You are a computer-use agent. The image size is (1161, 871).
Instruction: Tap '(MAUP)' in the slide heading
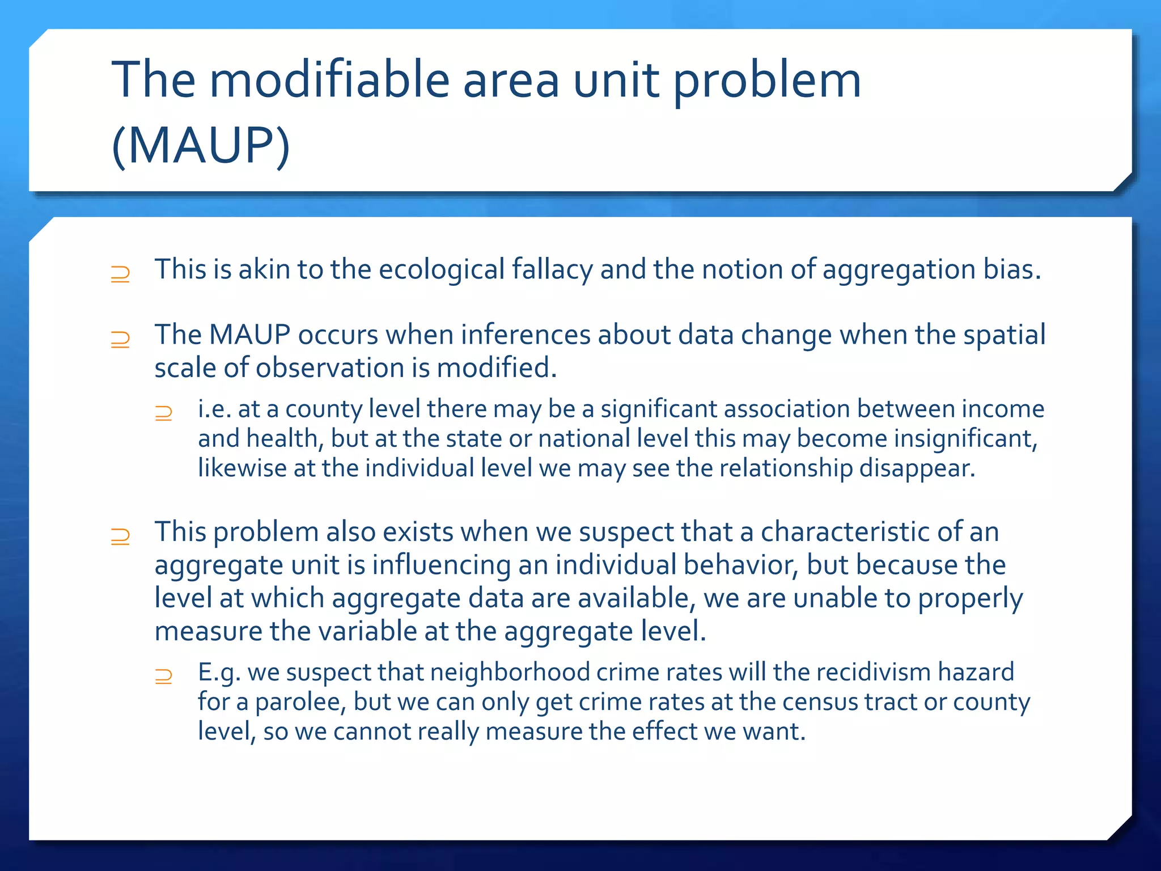click(x=201, y=145)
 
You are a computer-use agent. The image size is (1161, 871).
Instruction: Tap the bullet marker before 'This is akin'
click(x=120, y=274)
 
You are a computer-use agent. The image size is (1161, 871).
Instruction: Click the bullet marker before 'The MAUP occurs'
click(x=120, y=340)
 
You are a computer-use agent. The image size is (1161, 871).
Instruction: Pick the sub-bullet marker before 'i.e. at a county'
click(x=163, y=413)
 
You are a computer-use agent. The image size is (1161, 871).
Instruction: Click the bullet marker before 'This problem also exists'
click(x=120, y=536)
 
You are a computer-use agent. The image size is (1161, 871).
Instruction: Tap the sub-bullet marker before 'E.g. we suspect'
click(x=163, y=676)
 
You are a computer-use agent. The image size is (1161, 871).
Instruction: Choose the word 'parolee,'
click(x=300, y=702)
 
